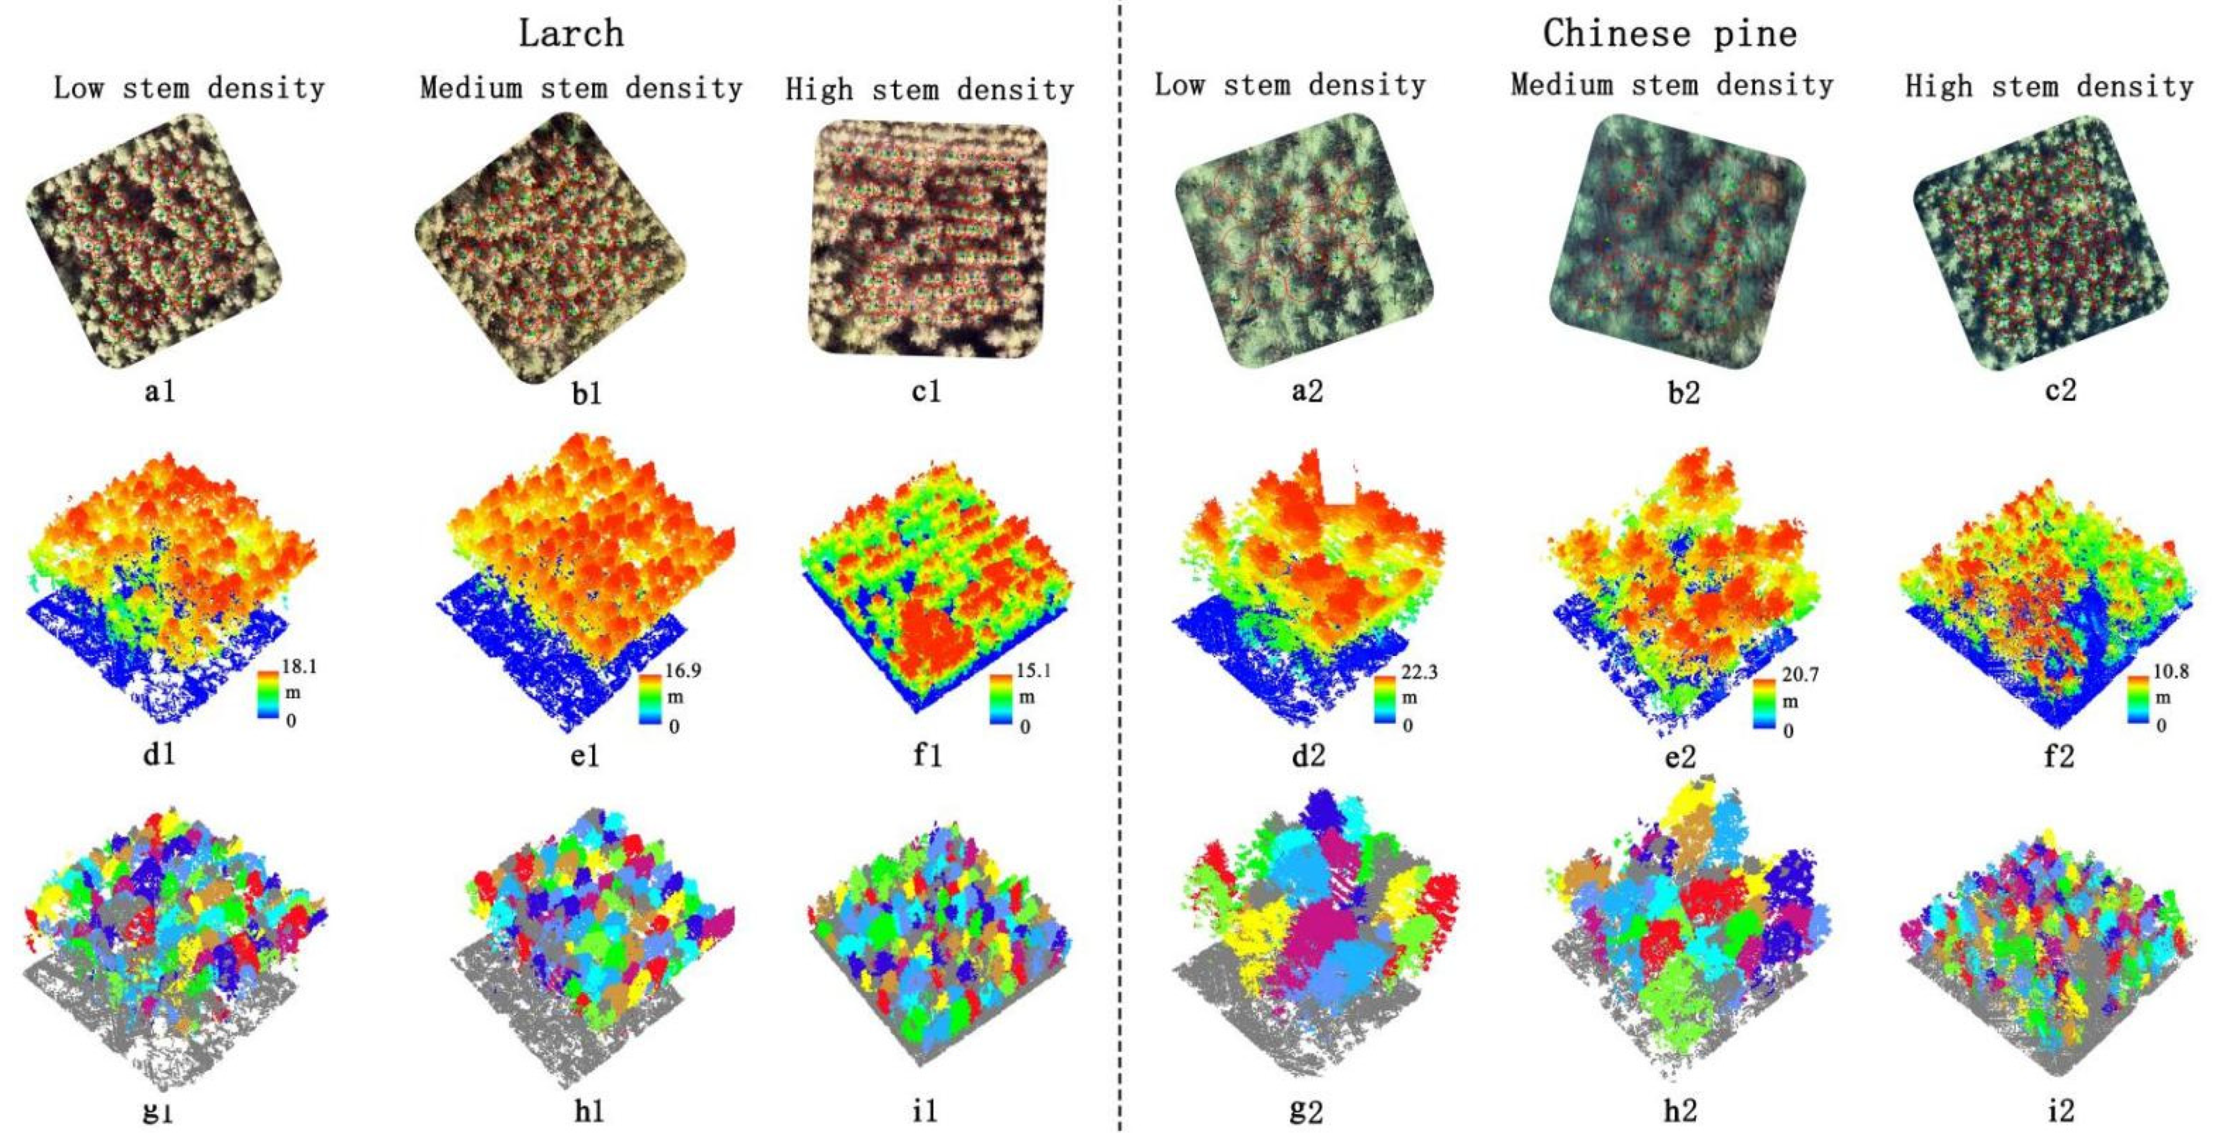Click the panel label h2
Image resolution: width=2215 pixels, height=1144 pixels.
pyautogui.click(x=1680, y=1111)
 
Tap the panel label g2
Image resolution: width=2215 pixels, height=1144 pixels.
pyautogui.click(x=1306, y=1111)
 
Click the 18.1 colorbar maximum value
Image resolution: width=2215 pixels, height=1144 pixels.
pyautogui.click(x=299, y=666)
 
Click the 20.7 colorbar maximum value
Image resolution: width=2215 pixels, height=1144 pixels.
pyautogui.click(x=1800, y=675)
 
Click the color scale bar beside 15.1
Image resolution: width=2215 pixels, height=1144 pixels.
pyautogui.click(x=1001, y=698)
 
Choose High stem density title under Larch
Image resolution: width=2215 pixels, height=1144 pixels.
pyautogui.click(x=930, y=89)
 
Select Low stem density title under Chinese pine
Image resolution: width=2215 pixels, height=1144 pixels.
pyautogui.click(x=1290, y=85)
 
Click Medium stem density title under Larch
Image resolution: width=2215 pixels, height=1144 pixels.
pyautogui.click(x=581, y=88)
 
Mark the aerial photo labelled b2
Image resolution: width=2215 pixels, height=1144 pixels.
pyautogui.click(x=1677, y=241)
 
